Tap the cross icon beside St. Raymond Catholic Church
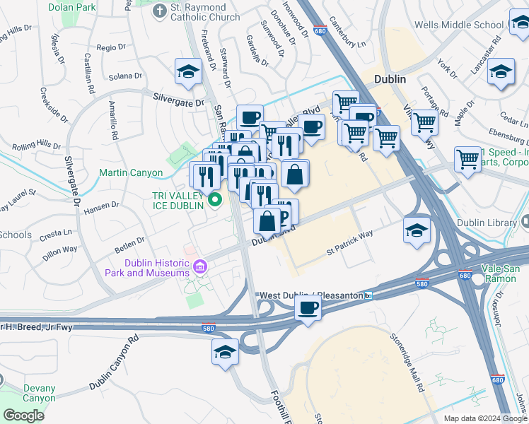point(160,11)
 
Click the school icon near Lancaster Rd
point(501,72)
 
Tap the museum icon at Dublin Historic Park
point(200,267)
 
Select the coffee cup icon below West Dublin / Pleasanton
point(308,308)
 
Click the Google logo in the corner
point(23,415)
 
